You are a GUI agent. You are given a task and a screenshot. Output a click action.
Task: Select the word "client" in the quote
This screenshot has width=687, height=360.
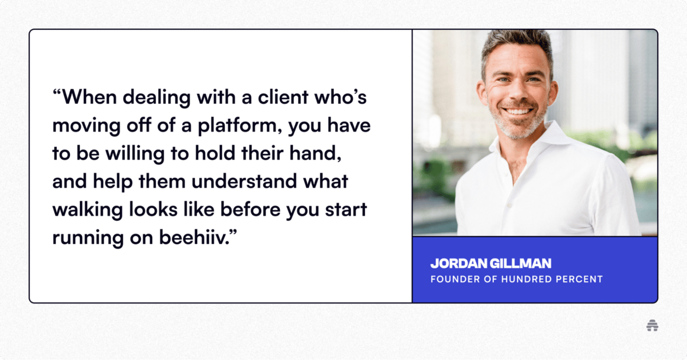click(283, 97)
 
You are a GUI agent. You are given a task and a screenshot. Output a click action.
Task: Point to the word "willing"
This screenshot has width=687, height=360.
click(135, 154)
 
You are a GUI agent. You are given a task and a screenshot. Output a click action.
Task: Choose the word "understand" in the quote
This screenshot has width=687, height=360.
click(244, 181)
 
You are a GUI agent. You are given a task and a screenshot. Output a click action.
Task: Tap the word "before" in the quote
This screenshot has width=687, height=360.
click(250, 210)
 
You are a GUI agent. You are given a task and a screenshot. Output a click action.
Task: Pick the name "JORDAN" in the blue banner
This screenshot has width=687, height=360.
click(459, 263)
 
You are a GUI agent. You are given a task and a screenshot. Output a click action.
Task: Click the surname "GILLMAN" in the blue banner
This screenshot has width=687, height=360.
click(521, 263)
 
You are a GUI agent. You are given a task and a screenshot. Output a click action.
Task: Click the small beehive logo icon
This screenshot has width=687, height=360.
click(652, 325)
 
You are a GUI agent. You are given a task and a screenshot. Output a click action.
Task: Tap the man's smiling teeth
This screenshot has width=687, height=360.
click(517, 111)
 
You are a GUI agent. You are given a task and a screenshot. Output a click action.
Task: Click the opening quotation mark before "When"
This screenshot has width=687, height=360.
click(57, 93)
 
